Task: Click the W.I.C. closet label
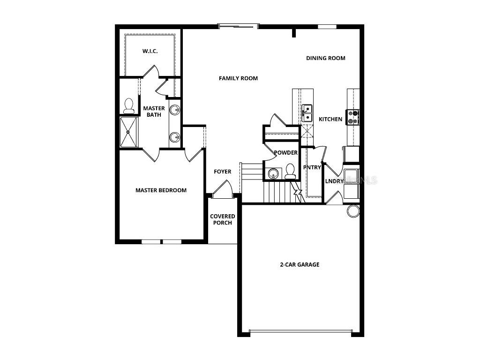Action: (150, 51)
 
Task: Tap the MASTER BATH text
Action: (154, 112)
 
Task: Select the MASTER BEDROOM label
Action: (161, 190)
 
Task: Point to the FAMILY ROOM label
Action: (238, 78)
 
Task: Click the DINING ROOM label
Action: (326, 58)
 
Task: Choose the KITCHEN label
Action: (330, 120)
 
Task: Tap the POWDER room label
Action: (285, 153)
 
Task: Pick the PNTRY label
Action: (312, 167)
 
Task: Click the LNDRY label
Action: (334, 181)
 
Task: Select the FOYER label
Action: (223, 172)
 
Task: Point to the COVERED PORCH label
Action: (223, 219)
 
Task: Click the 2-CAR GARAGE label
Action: (300, 264)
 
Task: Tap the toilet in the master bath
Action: (128, 106)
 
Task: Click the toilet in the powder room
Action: (290, 172)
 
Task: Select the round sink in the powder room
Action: (273, 174)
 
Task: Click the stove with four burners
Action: (352, 117)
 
